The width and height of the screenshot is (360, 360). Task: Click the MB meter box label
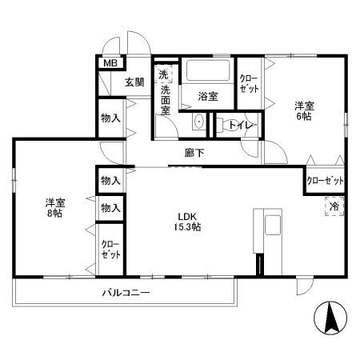[110, 63]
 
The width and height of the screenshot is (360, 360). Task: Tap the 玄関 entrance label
[134, 82]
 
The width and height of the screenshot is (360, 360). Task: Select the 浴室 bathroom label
[208, 97]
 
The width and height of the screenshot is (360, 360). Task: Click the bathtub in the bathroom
[208, 70]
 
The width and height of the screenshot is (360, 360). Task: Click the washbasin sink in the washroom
[199, 122]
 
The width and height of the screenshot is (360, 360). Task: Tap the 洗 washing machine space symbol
[163, 74]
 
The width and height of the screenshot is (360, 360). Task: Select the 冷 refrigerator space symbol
[334, 206]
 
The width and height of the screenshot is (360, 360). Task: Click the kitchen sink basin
[273, 225]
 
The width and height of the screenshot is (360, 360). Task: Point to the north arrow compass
[330, 318]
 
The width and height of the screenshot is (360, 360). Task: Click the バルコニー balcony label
[126, 293]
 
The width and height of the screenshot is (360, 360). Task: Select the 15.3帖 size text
[187, 227]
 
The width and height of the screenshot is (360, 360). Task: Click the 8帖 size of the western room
[54, 214]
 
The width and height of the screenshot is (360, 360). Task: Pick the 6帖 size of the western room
[304, 117]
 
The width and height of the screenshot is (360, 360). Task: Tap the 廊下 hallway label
[194, 153]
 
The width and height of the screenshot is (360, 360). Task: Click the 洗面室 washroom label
[166, 100]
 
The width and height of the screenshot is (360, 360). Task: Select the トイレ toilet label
[240, 125]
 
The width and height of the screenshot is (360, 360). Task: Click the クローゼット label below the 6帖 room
[325, 181]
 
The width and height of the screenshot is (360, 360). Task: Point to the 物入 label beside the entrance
[110, 118]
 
